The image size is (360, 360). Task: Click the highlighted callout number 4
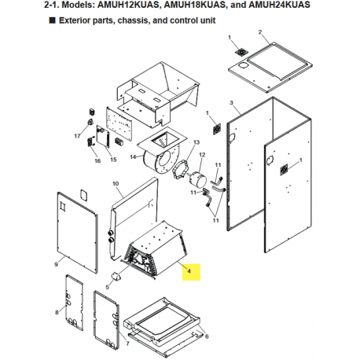click(189, 271)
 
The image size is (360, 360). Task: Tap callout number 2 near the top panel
click(260, 32)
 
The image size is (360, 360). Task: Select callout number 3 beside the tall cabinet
click(231, 103)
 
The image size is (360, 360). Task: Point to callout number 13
click(197, 142)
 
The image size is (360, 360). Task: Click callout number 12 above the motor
click(202, 155)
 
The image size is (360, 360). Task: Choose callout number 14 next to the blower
click(133, 156)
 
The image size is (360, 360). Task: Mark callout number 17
click(77, 136)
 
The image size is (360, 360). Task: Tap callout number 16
click(97, 160)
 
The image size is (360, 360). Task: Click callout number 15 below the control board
click(113, 160)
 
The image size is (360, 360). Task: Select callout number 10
click(116, 184)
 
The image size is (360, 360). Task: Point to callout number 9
click(56, 264)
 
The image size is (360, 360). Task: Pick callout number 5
click(107, 287)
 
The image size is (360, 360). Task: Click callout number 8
click(57, 312)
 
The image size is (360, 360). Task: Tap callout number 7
click(127, 343)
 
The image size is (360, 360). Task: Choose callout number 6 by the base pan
click(207, 336)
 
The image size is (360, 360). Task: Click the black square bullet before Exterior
click(53, 20)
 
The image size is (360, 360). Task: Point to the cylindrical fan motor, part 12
click(197, 179)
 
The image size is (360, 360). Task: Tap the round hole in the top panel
click(244, 65)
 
